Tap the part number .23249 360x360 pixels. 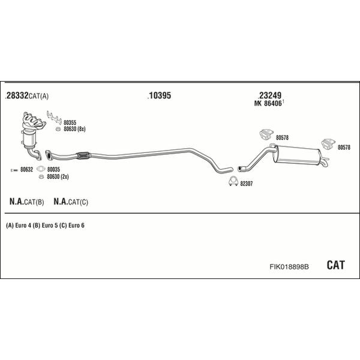point(269,95)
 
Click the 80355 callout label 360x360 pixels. point(70,122)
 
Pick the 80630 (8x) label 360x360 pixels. point(75,129)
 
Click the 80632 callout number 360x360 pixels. point(26,170)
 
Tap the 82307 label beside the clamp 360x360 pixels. point(246,184)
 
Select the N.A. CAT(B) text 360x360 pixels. point(27,202)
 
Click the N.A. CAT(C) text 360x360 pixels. point(71,202)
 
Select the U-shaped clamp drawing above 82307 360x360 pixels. point(233,183)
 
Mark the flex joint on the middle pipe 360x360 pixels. point(83,156)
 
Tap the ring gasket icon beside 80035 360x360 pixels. point(40,170)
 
